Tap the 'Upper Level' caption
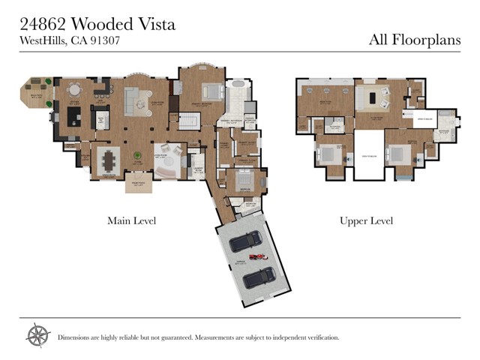coord(366,220)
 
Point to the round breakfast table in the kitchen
coord(74,90)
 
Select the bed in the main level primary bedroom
coord(210,92)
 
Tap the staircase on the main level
coord(189,121)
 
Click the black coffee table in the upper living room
coord(370,97)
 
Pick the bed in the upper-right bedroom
coord(398,154)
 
